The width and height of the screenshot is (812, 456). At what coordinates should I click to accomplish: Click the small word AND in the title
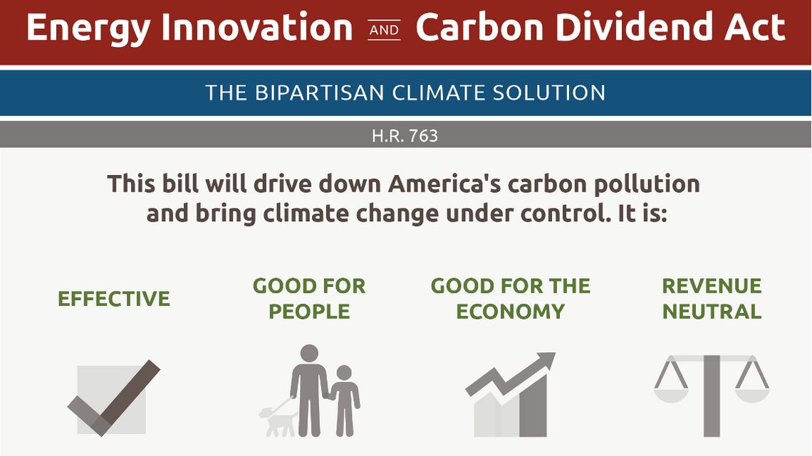(x=384, y=31)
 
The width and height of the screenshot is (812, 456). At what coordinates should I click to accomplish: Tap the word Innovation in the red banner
(x=257, y=28)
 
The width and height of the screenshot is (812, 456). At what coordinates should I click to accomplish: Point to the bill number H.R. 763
(x=405, y=136)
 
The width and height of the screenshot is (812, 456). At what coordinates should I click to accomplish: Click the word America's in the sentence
(x=445, y=184)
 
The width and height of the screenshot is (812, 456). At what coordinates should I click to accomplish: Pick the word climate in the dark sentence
(x=306, y=213)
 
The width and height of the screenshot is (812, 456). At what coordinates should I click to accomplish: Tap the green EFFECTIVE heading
(x=114, y=299)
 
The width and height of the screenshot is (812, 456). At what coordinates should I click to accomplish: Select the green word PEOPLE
(x=309, y=312)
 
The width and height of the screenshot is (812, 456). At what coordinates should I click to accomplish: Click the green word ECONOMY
(x=511, y=312)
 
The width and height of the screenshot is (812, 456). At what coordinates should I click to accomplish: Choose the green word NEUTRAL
(x=712, y=312)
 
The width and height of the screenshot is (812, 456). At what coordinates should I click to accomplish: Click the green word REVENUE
(x=712, y=286)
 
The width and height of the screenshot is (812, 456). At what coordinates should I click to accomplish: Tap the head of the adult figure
(x=309, y=354)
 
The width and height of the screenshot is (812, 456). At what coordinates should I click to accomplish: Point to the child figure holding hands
(x=345, y=401)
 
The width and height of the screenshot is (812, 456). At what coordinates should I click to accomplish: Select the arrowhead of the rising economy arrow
(x=545, y=361)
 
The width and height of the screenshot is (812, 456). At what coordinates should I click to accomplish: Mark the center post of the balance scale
(x=712, y=396)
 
